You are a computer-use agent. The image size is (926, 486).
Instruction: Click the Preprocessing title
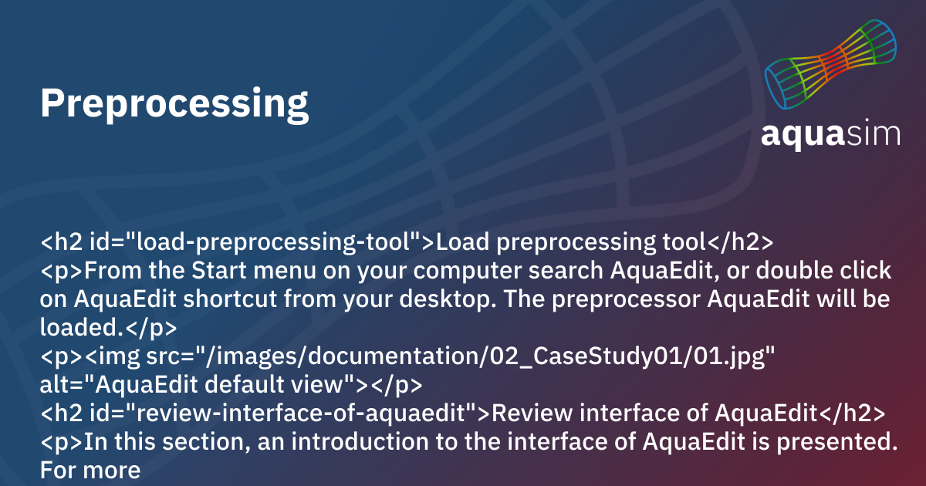(x=174, y=103)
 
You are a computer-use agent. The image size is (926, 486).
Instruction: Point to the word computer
(x=475, y=272)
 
